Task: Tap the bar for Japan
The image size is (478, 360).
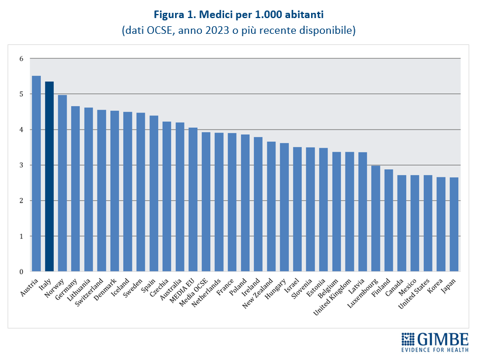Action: pos(454,224)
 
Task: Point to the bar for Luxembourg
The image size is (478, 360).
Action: pos(376,218)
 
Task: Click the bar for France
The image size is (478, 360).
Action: pos(232,202)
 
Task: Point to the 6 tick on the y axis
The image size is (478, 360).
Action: pos(21,59)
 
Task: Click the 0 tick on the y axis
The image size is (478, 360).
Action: pos(21,271)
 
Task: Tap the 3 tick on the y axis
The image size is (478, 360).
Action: pos(21,165)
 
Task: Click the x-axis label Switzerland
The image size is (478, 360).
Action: pos(94,289)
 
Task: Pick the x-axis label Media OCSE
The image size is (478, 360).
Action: pos(198,290)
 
